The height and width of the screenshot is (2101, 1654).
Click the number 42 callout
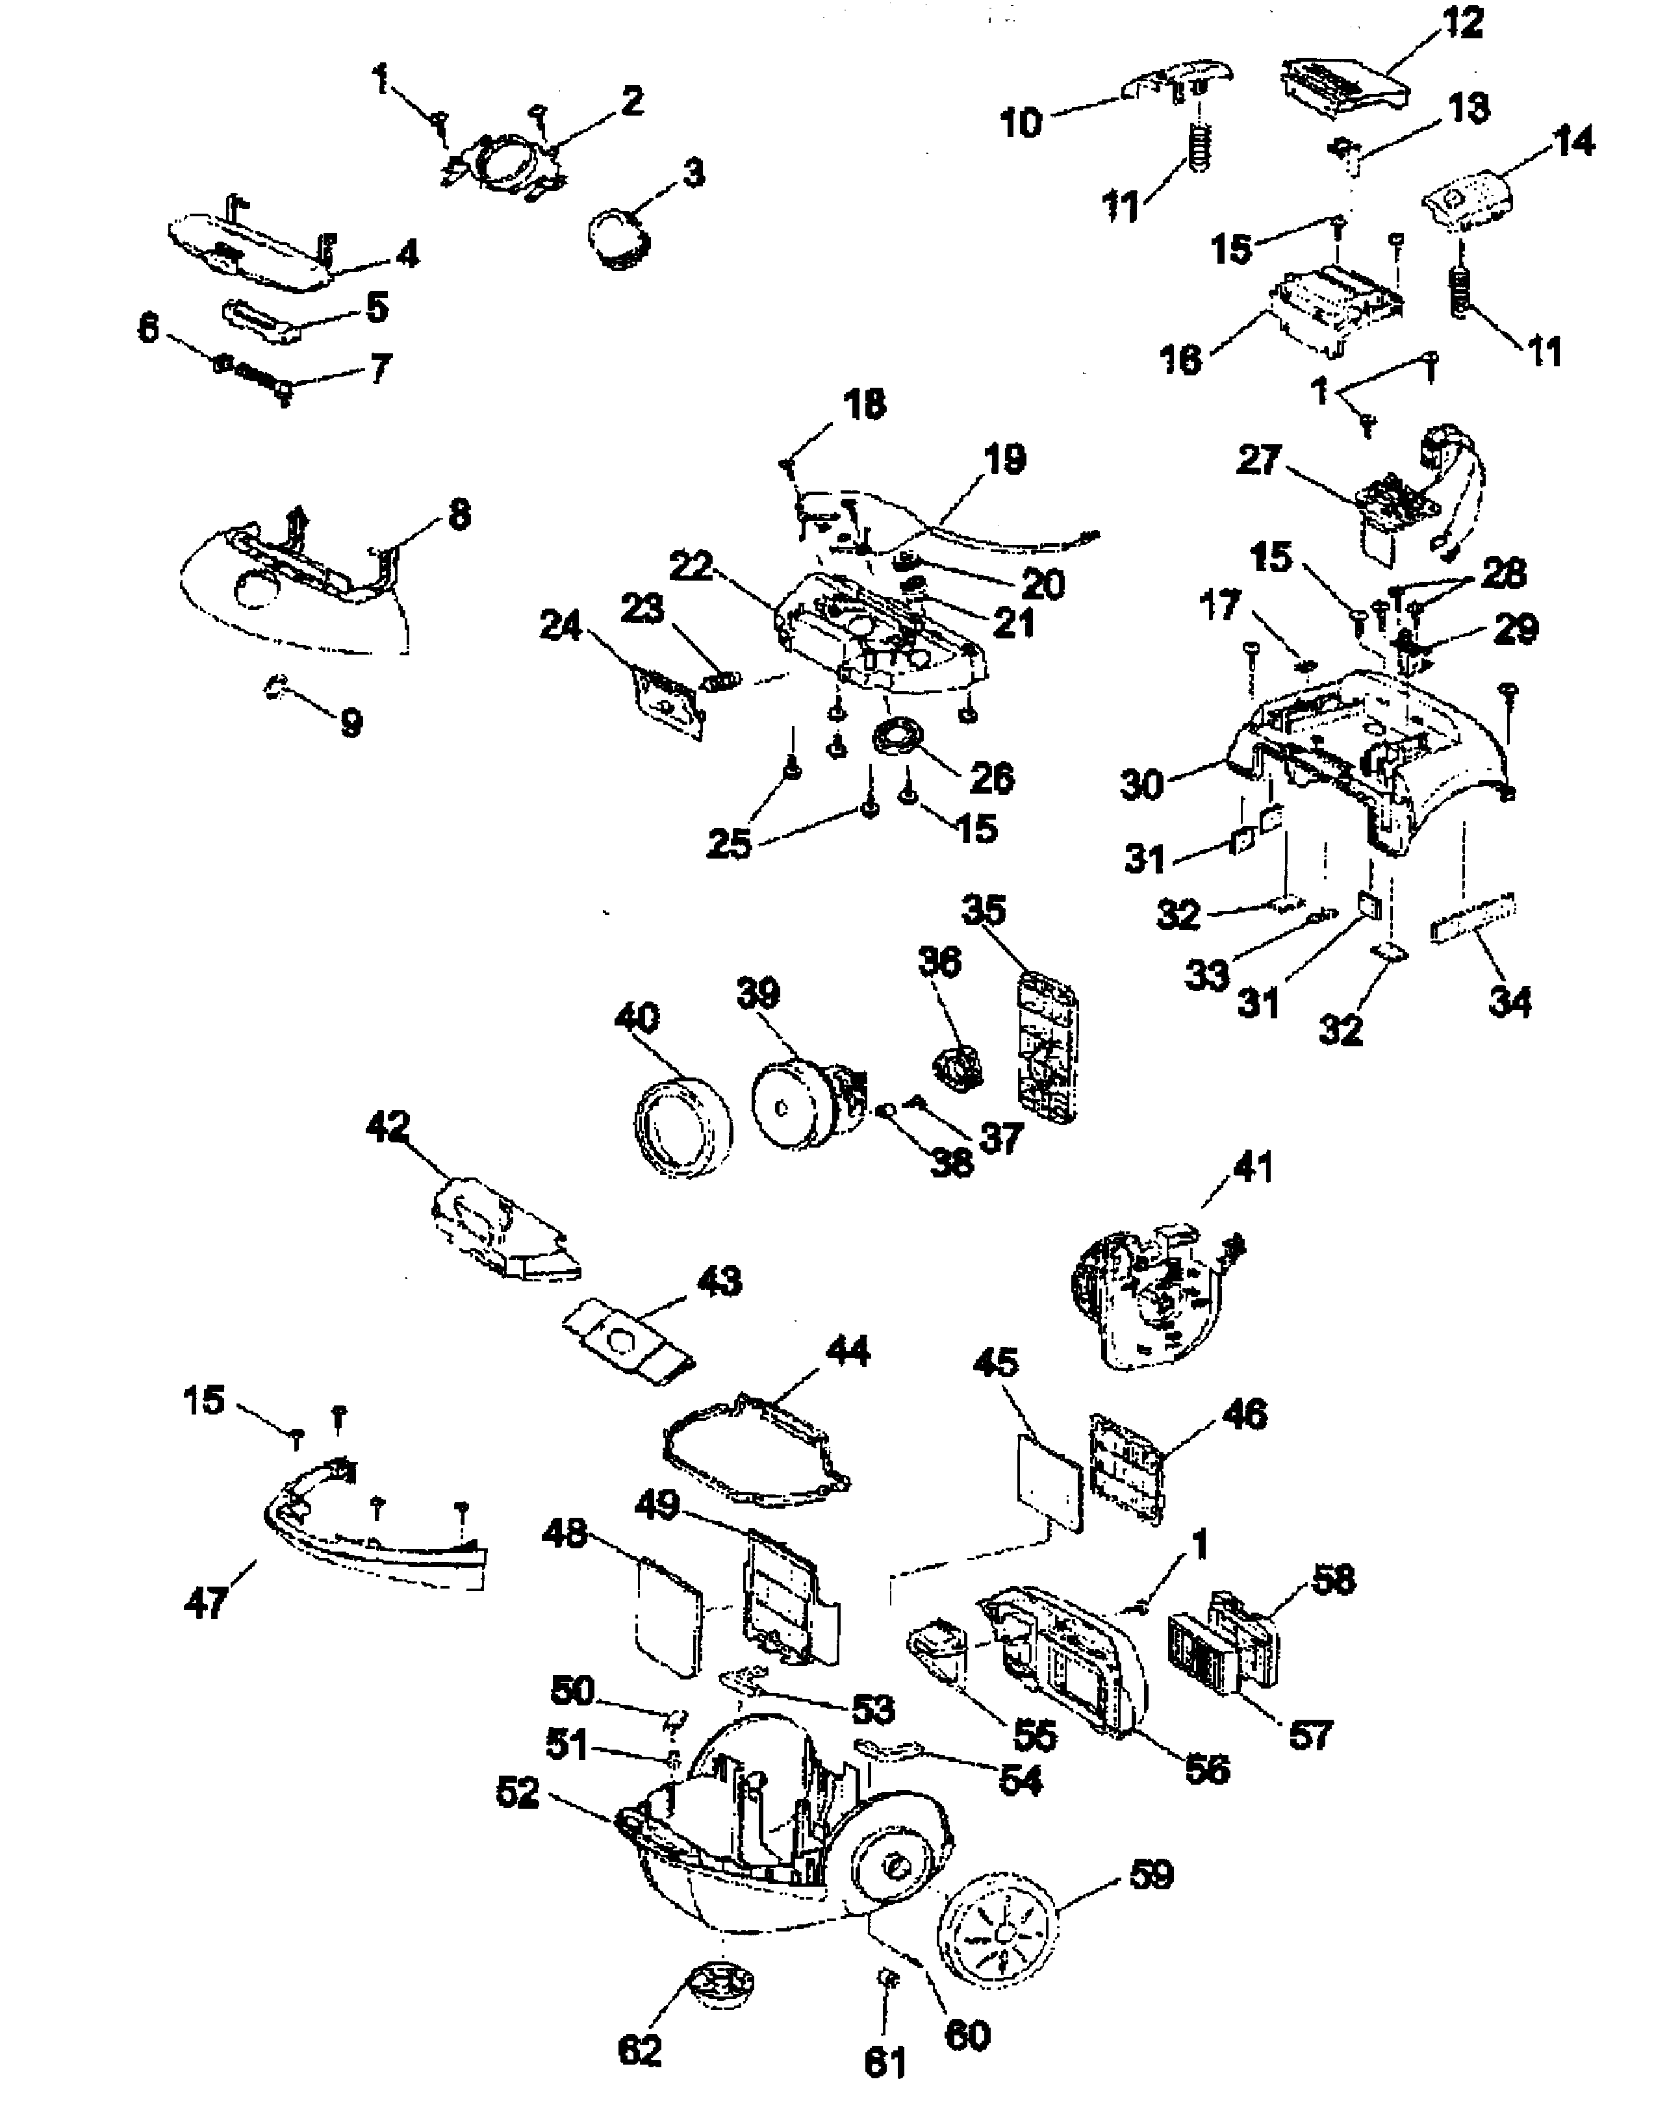tap(388, 1127)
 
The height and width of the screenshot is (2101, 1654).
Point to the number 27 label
tap(1259, 461)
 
